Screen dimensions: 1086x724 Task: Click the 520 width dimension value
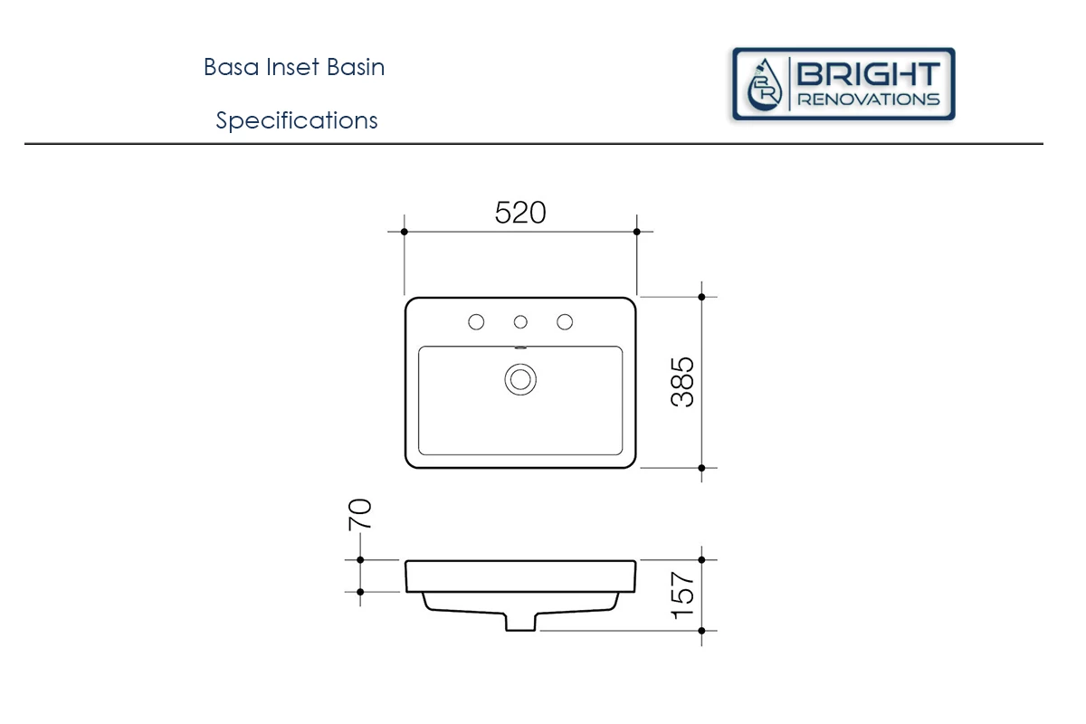point(520,213)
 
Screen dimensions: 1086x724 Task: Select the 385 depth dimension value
point(682,382)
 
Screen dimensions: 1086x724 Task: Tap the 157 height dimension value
point(682,595)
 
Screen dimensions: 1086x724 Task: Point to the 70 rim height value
point(360,515)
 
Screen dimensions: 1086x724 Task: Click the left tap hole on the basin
point(476,322)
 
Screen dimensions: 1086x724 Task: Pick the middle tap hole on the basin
point(520,322)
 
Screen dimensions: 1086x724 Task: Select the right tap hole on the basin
point(565,322)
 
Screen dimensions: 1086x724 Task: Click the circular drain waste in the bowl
point(520,380)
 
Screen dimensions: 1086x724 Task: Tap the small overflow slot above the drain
point(520,348)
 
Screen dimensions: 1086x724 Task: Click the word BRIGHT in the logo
point(868,74)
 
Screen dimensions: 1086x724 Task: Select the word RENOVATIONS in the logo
point(868,100)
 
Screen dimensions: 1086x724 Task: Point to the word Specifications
point(297,120)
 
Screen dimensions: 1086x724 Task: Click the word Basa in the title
point(231,67)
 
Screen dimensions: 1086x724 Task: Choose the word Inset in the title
point(293,67)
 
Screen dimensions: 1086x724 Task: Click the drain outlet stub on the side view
point(520,622)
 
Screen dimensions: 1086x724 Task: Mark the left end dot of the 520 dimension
point(405,232)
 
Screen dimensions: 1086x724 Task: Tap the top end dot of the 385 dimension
point(701,297)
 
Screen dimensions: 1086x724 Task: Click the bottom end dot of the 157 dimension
point(701,631)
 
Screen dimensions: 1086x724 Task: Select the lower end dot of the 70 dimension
point(360,592)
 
